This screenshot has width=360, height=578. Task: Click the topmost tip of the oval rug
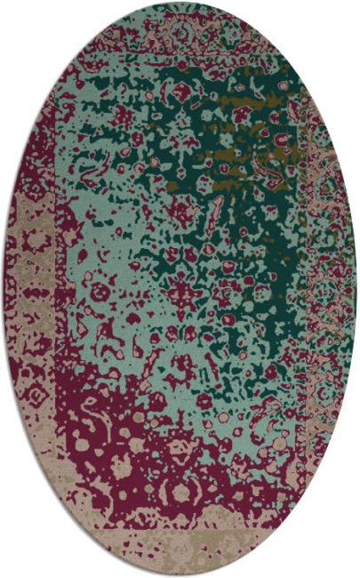(180, 3)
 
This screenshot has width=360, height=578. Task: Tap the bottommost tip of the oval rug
(180, 575)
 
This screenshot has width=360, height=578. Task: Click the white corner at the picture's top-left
(4, 4)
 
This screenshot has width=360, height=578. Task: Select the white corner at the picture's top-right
(356, 4)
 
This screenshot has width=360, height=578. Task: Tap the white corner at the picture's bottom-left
(4, 574)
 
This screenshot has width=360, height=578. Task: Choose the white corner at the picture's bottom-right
(356, 574)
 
